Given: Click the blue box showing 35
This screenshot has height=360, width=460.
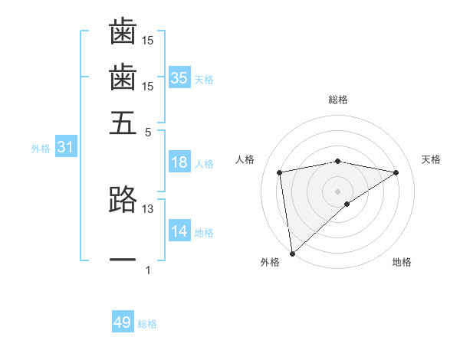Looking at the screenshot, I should pos(179,77).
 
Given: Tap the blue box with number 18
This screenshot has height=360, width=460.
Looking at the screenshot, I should pos(179,162).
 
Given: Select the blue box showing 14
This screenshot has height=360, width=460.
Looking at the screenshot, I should pos(179,232).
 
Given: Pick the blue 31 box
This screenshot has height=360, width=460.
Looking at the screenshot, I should pos(65,148).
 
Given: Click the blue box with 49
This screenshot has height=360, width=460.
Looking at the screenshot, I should pos(123,322).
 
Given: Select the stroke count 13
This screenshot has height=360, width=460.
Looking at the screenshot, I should pos(148,208).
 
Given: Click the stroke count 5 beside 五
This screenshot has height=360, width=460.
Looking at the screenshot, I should pos(148,132).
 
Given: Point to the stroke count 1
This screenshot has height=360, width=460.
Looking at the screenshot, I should pos(148,270).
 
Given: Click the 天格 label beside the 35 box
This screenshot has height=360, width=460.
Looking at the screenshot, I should pos(204,80).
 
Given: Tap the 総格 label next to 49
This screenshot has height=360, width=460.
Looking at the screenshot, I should pos(147,325).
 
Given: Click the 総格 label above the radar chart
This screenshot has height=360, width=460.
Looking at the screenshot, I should pos(338,100).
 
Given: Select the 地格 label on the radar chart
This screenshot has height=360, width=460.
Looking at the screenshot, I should pos(402,263).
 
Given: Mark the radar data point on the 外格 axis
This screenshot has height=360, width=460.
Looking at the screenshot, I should pos(292,253).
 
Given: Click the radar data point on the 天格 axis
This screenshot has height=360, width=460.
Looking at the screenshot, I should pos(396,172).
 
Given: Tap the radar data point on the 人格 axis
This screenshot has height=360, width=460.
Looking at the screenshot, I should pos(281,172).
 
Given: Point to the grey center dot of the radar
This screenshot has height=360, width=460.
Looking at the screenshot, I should pos(338,191).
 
